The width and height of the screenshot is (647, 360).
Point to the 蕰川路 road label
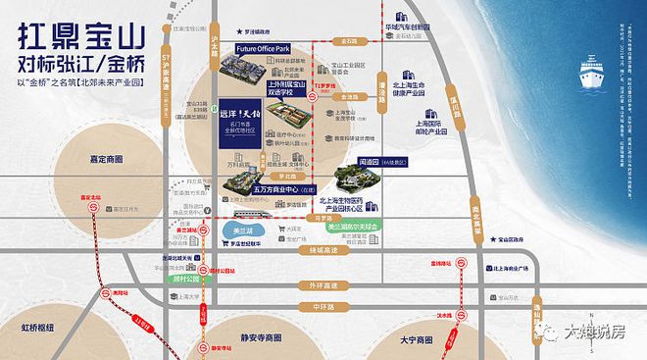pos(454,101)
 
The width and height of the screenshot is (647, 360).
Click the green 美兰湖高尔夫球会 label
pos(354,227)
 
